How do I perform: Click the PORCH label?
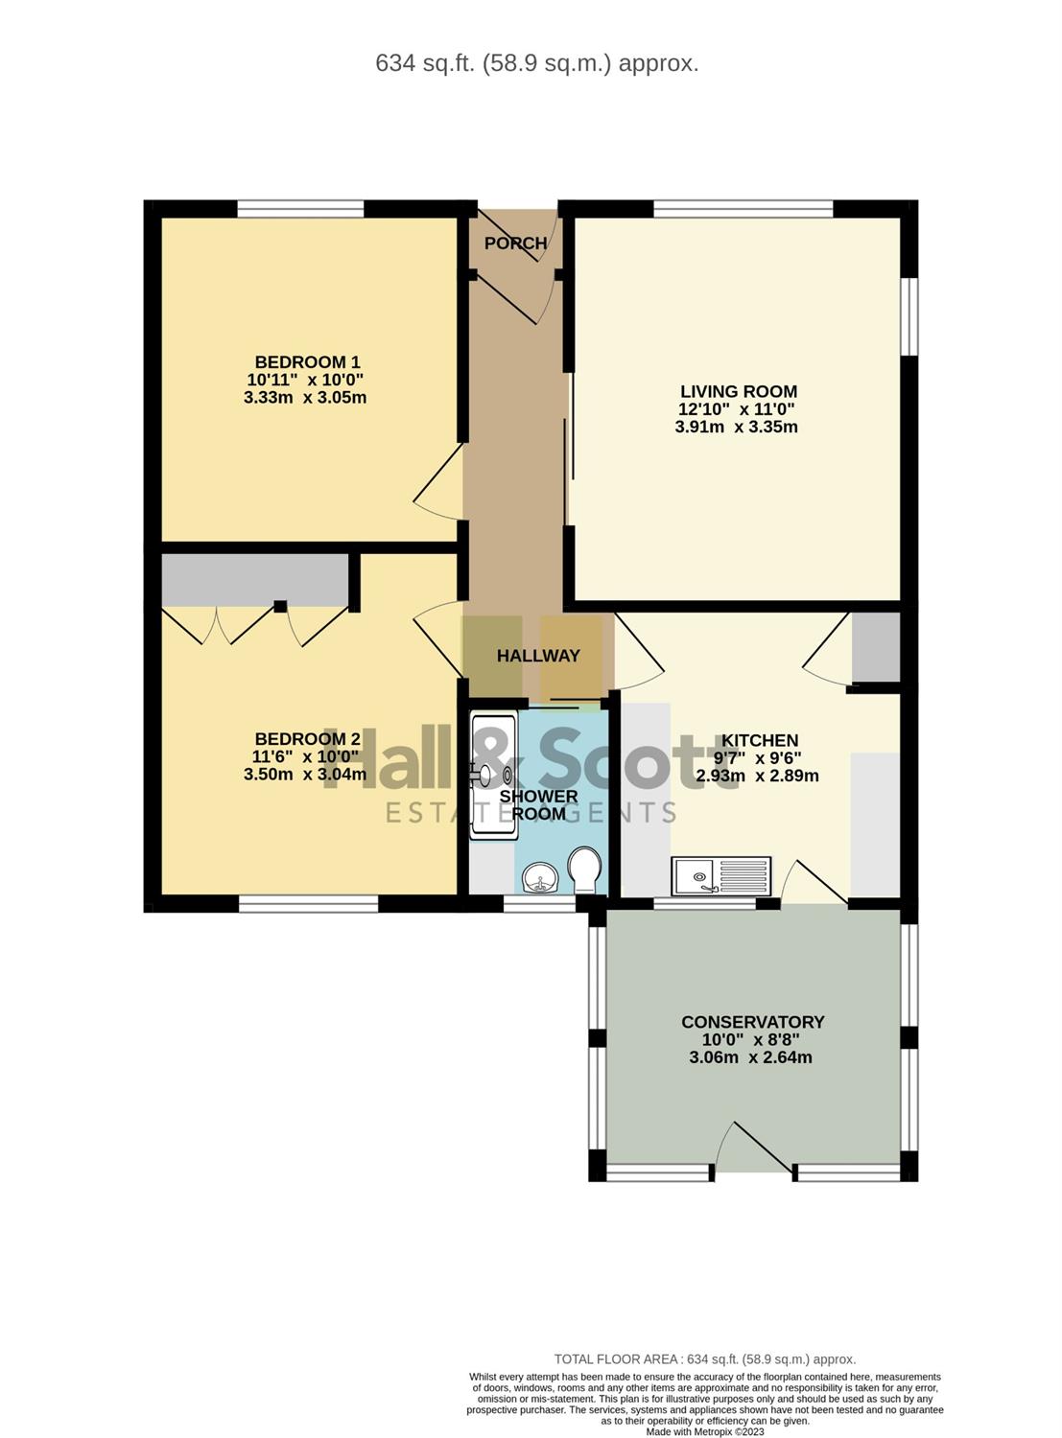516,244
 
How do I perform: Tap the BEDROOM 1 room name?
307,361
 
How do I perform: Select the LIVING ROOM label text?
739,391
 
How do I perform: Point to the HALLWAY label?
538,656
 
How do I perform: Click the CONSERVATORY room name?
752,1022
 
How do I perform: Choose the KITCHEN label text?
760,740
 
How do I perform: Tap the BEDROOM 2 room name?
308,738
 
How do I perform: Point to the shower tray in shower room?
494,776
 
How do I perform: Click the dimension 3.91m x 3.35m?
737,428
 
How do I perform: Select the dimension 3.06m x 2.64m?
750,1057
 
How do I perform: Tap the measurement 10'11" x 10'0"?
305,380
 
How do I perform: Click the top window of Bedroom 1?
300,209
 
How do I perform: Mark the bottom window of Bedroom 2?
309,904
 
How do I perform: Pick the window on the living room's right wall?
909,316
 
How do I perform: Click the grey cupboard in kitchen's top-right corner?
876,647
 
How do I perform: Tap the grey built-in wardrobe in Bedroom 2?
255,580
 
